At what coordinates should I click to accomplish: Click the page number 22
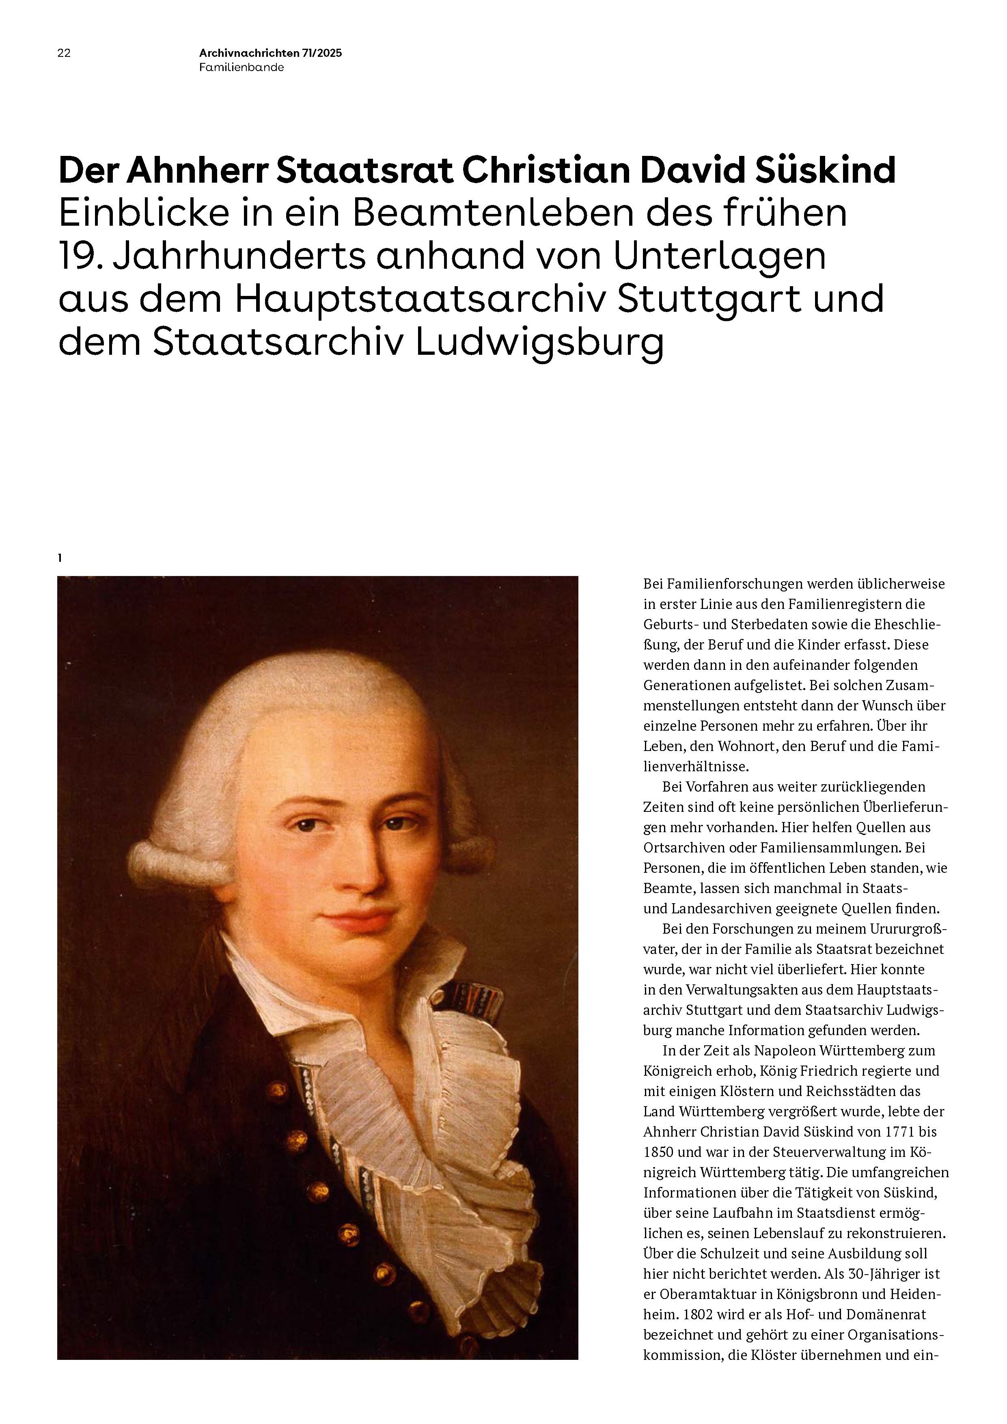pyautogui.click(x=64, y=53)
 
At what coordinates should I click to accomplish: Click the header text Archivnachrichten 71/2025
pyautogui.click(x=270, y=53)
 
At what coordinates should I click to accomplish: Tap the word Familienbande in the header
pyautogui.click(x=241, y=68)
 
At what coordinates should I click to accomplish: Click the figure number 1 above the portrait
pyautogui.click(x=60, y=558)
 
